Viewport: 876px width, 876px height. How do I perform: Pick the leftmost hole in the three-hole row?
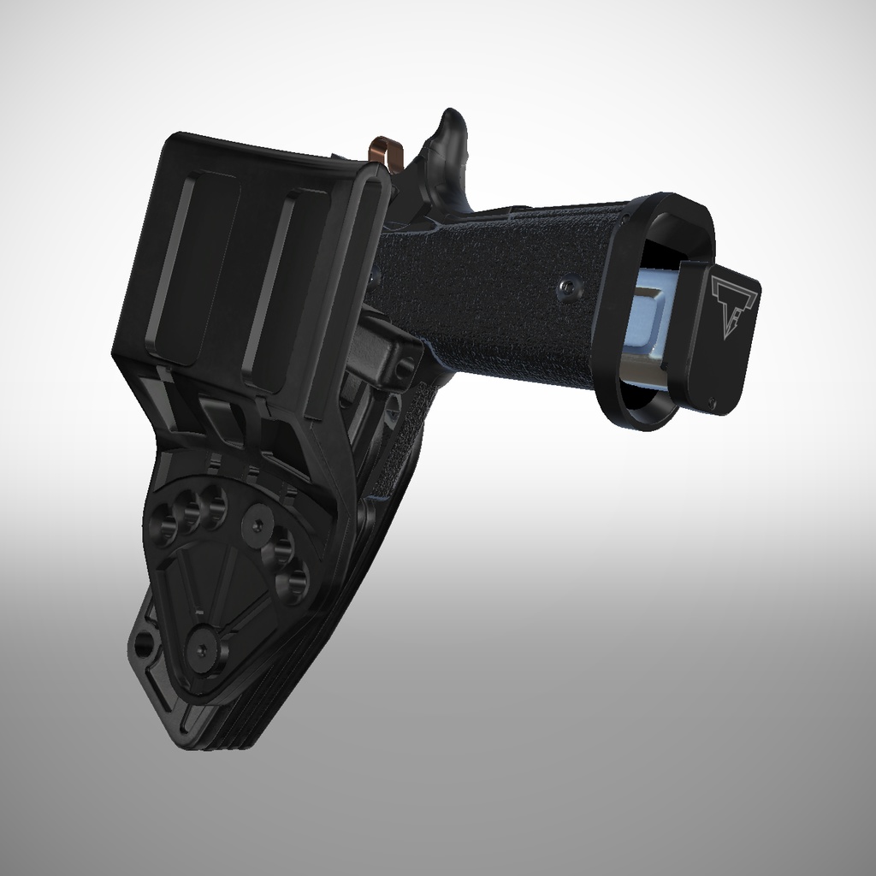163,523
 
